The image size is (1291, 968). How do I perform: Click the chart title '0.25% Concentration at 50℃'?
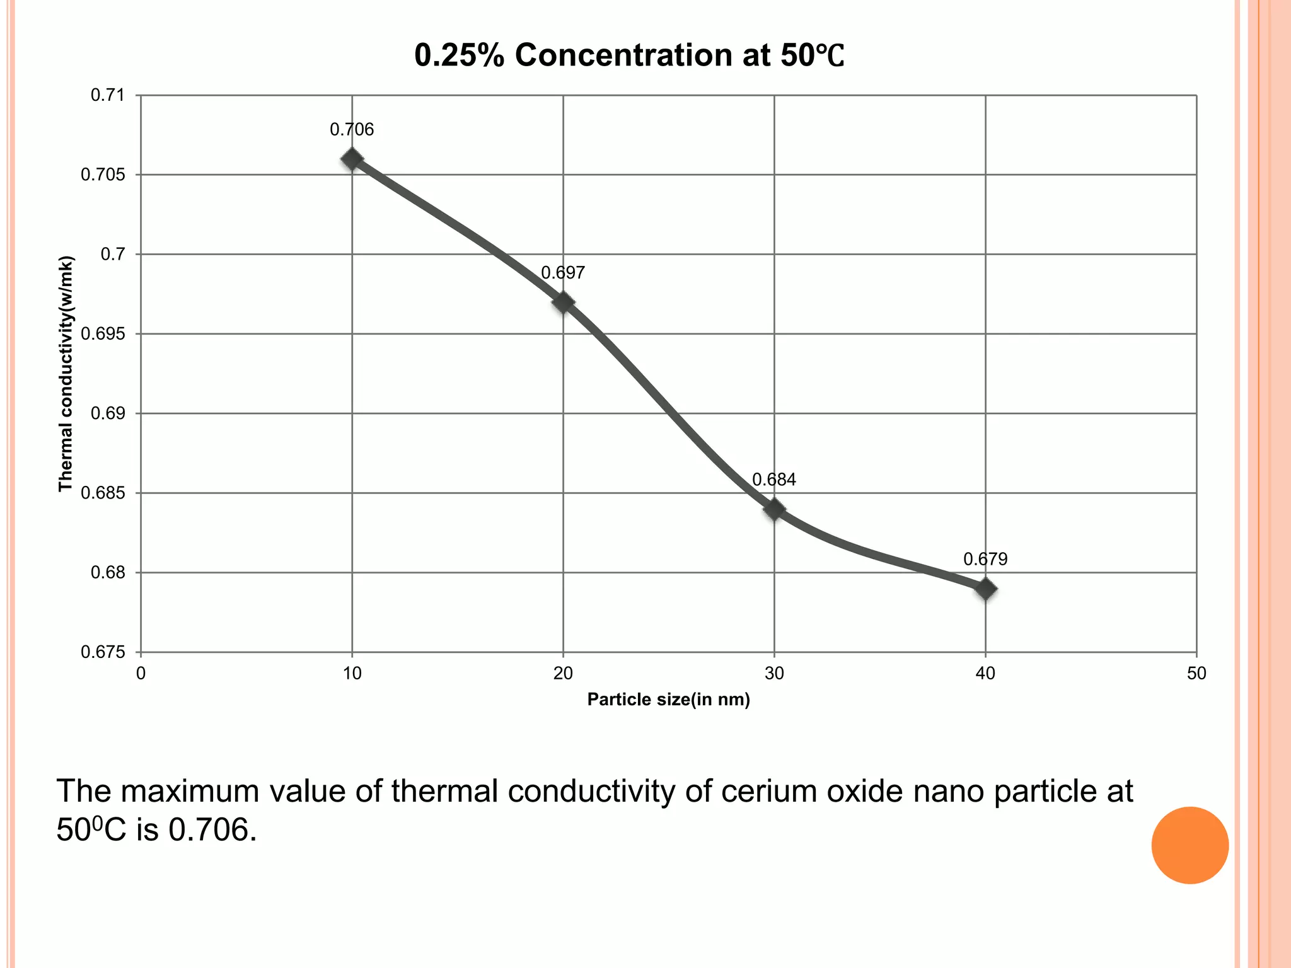coord(628,55)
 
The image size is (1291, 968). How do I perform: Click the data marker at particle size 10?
coord(352,159)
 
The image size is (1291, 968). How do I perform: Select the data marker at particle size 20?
coord(563,302)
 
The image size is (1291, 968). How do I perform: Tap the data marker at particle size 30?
coord(774,509)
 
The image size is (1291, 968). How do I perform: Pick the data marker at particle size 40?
coord(985,589)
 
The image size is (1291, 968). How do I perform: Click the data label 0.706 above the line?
coord(352,130)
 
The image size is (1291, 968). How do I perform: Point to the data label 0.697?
coord(563,273)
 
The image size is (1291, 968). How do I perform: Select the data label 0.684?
coord(774,480)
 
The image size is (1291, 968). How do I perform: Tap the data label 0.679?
coord(985,559)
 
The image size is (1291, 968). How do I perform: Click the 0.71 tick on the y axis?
coord(108,95)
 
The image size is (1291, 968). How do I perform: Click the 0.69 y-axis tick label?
coord(108,413)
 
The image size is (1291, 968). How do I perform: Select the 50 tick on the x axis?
coord(1196,674)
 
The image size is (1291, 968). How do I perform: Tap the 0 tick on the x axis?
coord(141,674)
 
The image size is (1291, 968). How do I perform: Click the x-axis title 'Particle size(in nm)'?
coord(668,700)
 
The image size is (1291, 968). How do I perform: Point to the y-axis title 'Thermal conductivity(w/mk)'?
coord(66,374)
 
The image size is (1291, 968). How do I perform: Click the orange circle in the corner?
coord(1190,845)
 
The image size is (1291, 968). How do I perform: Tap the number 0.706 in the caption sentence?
coord(212,831)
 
